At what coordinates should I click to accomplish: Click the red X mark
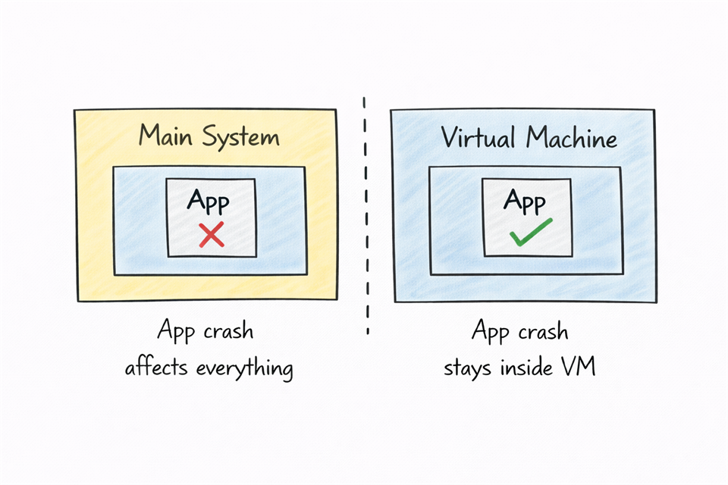pyautogui.click(x=211, y=235)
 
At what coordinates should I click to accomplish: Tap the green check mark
pyautogui.click(x=530, y=233)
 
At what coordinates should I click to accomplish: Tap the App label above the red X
pyautogui.click(x=208, y=203)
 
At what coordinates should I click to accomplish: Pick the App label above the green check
pyautogui.click(x=525, y=201)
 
